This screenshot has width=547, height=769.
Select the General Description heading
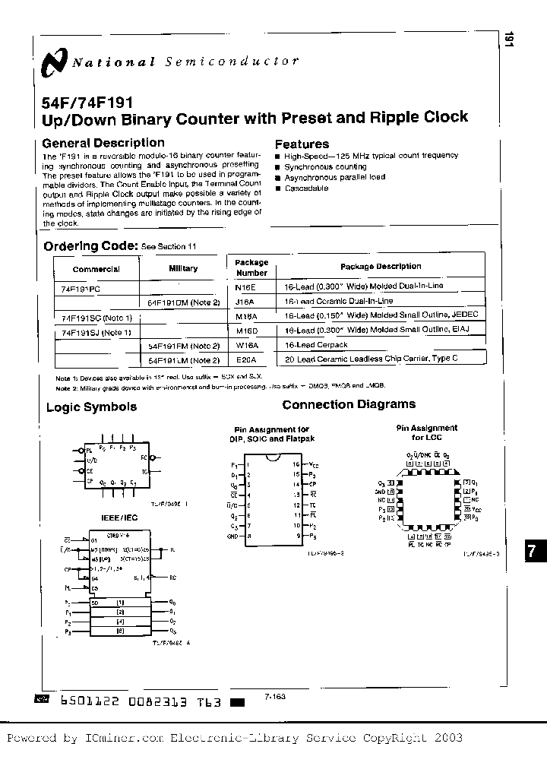pos(103,143)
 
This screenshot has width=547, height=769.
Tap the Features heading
pos(302,144)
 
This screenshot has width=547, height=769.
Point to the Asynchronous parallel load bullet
pos(334,177)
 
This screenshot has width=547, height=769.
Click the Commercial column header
pos(96,269)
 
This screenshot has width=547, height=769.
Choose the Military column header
pos(183,268)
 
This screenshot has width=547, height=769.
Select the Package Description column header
pos(380,267)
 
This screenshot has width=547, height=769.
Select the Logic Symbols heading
pos(91,407)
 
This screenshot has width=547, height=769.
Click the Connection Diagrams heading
pos(349,405)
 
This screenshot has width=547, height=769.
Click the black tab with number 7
pos(534,553)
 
